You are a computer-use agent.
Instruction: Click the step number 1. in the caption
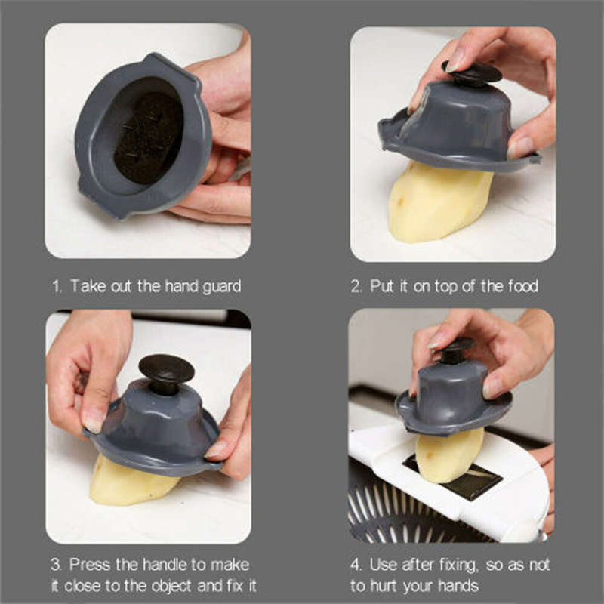coord(57,286)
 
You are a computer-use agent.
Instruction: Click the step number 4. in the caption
coord(357,565)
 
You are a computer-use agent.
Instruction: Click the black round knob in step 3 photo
coord(166,371)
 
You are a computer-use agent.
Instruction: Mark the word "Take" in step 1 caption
coord(85,287)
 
